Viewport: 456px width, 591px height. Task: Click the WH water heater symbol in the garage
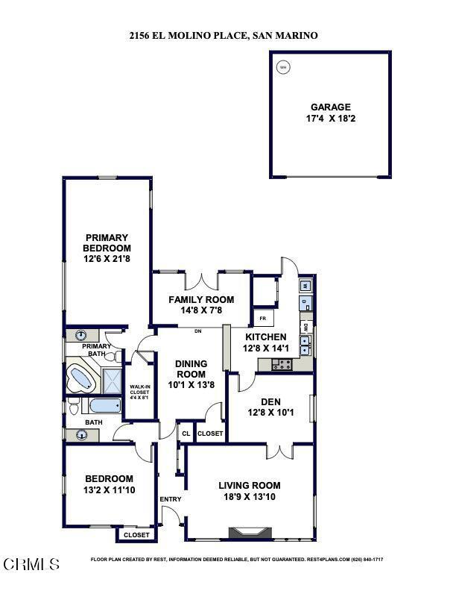click(282, 67)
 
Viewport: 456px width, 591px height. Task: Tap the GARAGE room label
click(331, 107)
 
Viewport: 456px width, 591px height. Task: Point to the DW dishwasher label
click(305, 327)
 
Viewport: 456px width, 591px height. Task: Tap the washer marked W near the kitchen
click(305, 286)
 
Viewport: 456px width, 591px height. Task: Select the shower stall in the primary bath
click(111, 381)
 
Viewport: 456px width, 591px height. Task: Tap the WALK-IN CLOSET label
click(138, 390)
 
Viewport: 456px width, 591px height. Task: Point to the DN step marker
click(197, 331)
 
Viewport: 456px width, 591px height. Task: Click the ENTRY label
click(170, 499)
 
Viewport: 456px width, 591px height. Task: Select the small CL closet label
click(186, 433)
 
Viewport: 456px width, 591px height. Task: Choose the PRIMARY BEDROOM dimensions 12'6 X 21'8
click(107, 259)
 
